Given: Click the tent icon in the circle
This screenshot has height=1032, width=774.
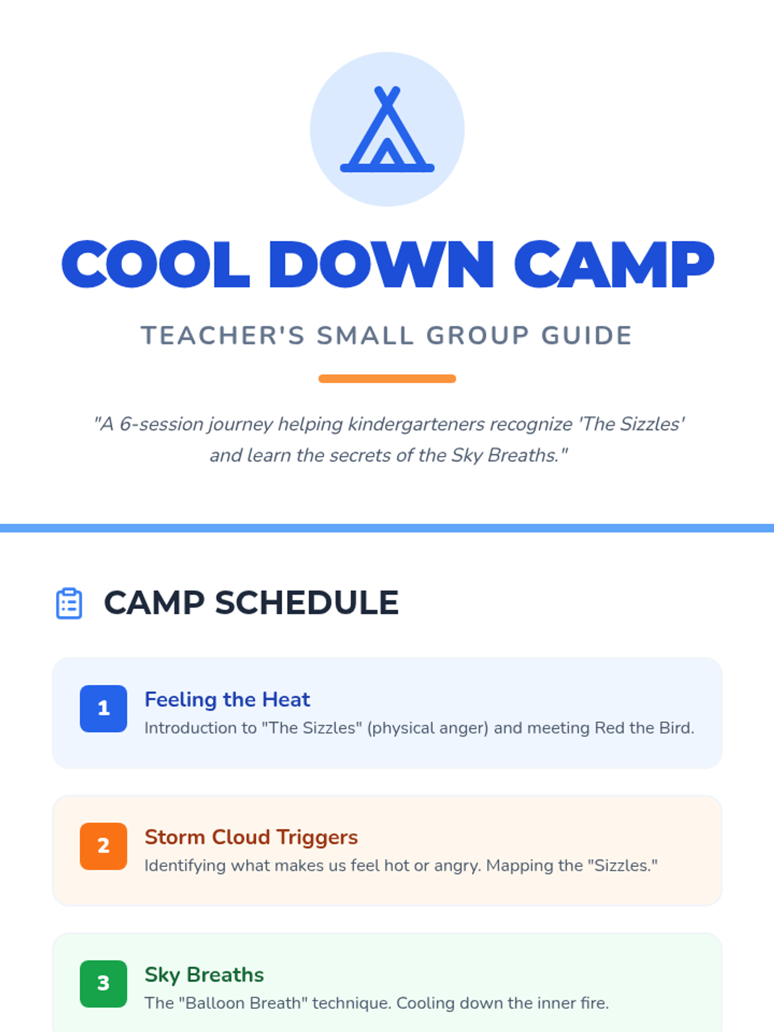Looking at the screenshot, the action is tap(387, 129).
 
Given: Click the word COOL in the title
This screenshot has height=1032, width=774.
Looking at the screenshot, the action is tap(155, 264).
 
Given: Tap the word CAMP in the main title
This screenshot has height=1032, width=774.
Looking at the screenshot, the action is tap(614, 264).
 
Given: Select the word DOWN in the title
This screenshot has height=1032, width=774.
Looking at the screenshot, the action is tap(381, 264).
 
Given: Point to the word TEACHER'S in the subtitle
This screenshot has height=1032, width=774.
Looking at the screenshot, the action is tap(223, 335).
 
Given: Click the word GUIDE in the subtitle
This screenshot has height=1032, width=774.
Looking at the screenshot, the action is tap(586, 335).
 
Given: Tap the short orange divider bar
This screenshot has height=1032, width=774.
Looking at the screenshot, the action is tap(387, 379).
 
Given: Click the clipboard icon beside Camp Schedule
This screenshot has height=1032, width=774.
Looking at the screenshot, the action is tap(69, 603).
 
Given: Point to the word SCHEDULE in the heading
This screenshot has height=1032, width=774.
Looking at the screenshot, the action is tap(308, 602).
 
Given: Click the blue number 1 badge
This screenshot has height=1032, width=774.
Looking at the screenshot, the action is tap(103, 708).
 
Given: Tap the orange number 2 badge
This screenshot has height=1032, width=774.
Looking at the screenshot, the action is tap(103, 846).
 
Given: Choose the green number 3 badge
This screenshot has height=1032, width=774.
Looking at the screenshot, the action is tap(103, 984).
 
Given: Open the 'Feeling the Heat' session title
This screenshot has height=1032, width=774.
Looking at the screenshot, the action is tap(227, 700).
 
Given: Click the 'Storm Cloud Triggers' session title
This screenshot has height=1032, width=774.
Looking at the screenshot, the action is tap(251, 837).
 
